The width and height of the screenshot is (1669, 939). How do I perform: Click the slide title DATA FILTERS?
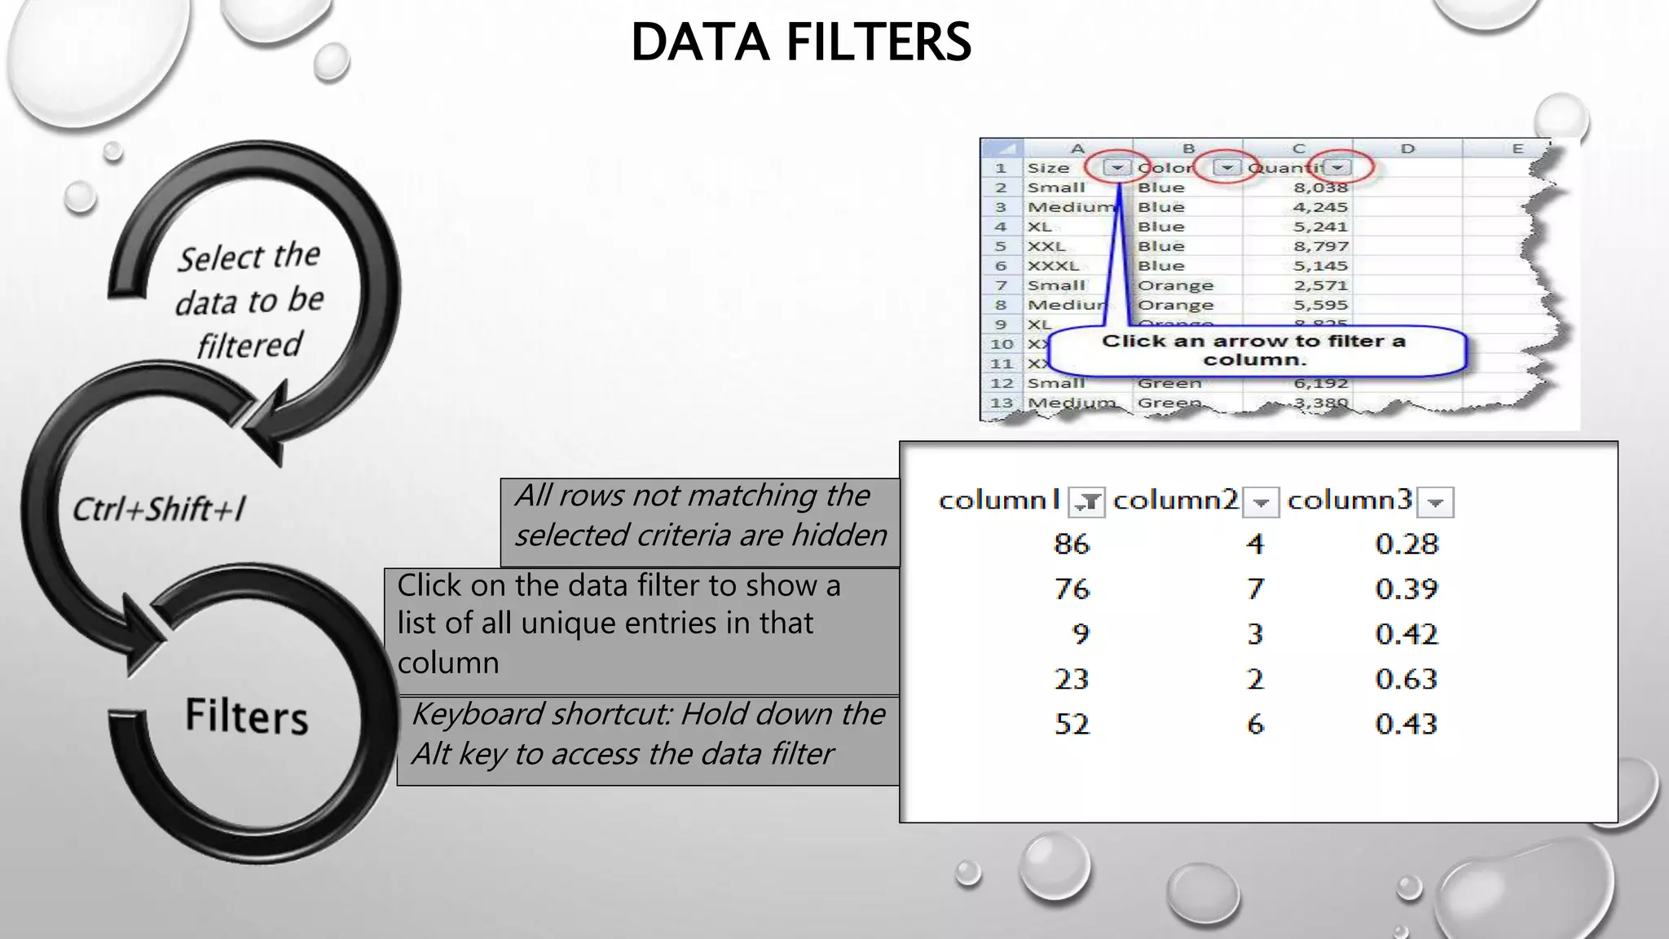click(x=801, y=42)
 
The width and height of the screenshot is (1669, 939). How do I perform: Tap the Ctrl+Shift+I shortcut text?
click(x=159, y=509)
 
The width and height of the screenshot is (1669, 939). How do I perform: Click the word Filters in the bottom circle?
click(x=246, y=716)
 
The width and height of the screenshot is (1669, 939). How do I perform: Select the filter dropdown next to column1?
click(x=1086, y=502)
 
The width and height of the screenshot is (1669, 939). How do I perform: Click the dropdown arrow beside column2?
click(x=1261, y=502)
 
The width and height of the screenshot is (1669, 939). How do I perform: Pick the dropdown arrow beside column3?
click(x=1435, y=502)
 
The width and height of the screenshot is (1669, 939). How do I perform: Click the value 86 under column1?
click(x=1071, y=544)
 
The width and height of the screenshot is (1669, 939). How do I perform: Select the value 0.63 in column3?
click(x=1406, y=679)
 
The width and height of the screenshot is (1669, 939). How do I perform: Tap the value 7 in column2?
click(x=1255, y=589)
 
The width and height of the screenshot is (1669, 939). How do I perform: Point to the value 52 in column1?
click(x=1071, y=724)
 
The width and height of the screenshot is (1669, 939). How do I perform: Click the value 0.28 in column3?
click(x=1407, y=544)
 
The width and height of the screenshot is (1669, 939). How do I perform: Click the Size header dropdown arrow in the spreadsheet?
click(x=1117, y=168)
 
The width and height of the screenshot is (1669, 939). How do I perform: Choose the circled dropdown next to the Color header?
click(x=1226, y=168)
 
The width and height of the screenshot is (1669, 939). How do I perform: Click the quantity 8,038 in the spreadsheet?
click(x=1320, y=187)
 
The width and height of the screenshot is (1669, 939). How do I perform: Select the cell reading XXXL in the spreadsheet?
click(x=1053, y=266)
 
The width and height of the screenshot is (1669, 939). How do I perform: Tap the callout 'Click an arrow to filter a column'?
click(x=1254, y=350)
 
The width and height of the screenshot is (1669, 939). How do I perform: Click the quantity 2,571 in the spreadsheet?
click(x=1320, y=285)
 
